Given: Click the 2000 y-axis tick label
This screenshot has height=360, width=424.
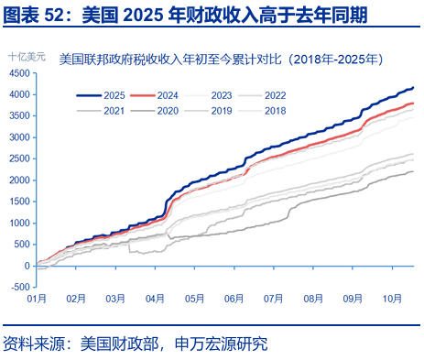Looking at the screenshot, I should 19,180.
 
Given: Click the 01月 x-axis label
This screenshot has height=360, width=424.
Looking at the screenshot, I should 38,299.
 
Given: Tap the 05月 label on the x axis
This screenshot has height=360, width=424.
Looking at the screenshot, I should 194,299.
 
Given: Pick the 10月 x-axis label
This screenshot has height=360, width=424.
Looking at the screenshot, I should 391,299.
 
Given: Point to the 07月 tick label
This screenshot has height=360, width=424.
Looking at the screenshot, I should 273,299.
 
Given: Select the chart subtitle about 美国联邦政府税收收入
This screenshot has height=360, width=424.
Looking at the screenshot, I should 220,60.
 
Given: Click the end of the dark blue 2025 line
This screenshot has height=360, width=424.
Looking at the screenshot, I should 413,88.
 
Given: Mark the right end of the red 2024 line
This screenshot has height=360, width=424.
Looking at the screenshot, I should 413,104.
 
